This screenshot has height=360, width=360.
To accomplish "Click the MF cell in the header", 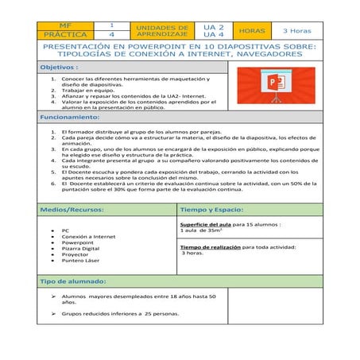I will coord(63,26).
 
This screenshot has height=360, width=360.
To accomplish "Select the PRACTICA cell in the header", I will coord(63,35).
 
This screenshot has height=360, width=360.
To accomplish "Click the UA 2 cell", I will coord(213,26).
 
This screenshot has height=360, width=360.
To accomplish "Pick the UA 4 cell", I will coord(213,35).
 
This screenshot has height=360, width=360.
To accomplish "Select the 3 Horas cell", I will coord(296,31).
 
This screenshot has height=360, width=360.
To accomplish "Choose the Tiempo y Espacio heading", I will coord(212,210).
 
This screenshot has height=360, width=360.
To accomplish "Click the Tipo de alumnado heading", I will coord(74,282).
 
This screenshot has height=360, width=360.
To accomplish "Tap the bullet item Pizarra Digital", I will coord(80,249).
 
